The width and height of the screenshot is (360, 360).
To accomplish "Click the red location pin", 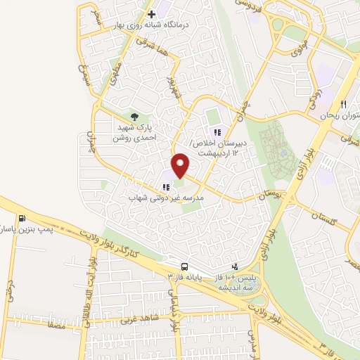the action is (181, 165).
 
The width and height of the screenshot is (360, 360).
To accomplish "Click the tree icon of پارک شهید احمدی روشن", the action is (134, 117).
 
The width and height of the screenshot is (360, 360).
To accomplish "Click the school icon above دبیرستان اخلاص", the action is (217, 131).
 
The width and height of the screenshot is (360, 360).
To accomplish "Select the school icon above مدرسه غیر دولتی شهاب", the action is (166, 187).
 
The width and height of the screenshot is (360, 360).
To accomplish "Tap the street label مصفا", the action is (54, 326).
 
